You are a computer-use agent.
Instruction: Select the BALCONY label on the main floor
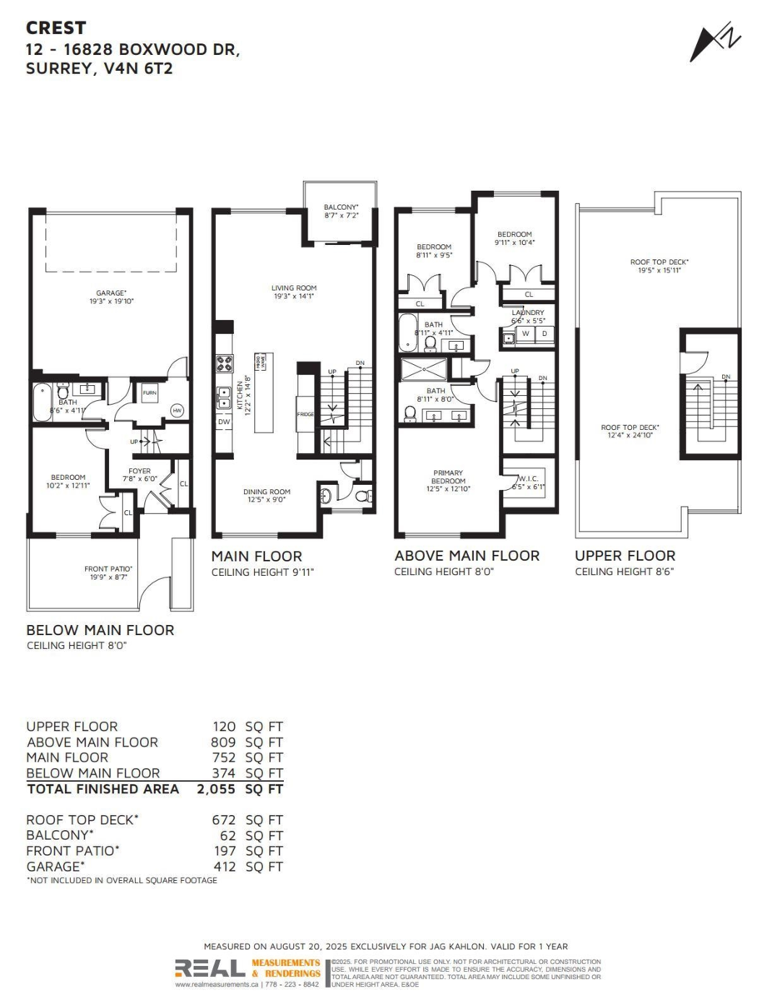(x=340, y=207)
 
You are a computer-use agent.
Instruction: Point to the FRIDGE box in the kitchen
(x=305, y=415)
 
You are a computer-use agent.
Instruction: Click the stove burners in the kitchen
(x=225, y=362)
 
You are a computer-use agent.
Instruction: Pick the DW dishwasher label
(x=224, y=422)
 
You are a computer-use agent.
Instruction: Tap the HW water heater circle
(x=177, y=410)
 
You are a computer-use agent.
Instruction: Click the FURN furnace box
(x=149, y=393)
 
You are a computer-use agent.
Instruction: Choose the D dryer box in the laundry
(x=545, y=334)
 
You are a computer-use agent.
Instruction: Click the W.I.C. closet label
(x=528, y=478)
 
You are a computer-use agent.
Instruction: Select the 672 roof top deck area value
(x=224, y=820)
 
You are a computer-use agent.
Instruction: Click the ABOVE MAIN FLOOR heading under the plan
(x=466, y=556)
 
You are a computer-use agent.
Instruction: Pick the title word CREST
(x=56, y=27)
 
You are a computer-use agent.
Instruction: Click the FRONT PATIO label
(x=108, y=570)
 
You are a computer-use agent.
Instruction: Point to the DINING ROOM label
(x=266, y=492)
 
